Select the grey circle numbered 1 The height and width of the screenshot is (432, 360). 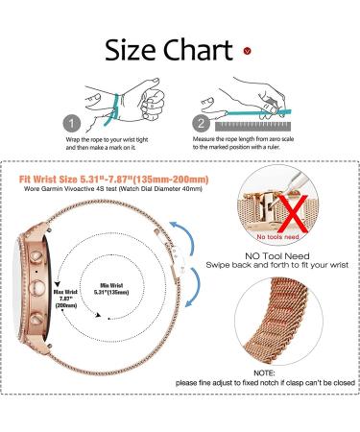71,123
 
